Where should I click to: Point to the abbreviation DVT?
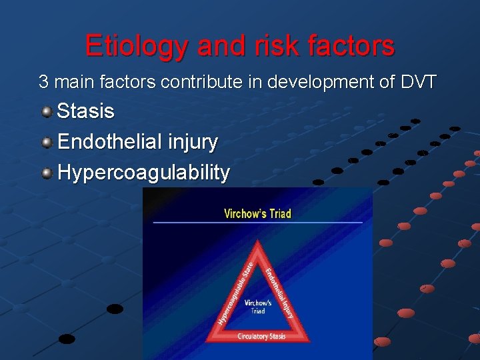click(419, 82)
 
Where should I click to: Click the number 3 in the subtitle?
click(43, 82)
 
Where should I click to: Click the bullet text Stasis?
click(85, 111)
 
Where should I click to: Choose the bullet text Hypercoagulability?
click(143, 173)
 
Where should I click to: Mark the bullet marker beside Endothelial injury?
click(47, 142)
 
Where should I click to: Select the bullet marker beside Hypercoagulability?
click(47, 173)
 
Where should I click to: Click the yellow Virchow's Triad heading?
click(257, 213)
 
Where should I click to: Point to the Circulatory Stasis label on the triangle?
click(261, 337)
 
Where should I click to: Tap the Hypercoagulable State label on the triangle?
click(235, 294)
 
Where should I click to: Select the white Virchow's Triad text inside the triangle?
click(258, 307)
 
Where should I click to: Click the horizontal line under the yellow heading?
click(257, 222)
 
